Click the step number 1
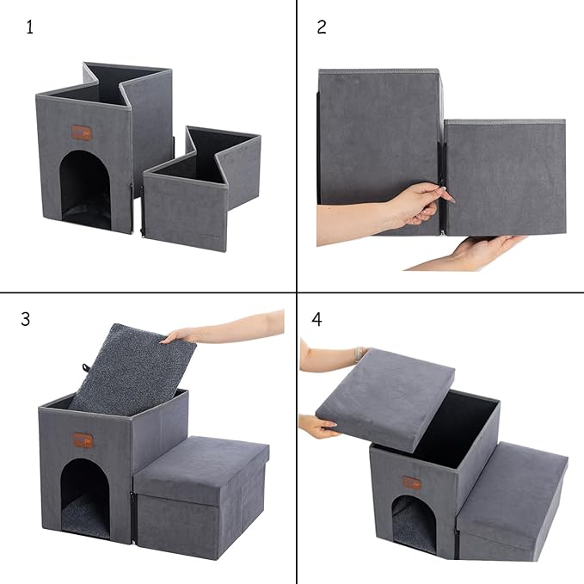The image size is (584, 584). (30, 27)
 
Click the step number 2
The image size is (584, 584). (322, 27)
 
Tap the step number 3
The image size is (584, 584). (26, 319)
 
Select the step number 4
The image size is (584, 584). (317, 319)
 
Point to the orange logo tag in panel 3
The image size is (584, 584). (83, 440)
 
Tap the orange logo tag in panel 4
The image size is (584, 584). (413, 482)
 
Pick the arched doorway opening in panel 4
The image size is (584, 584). (414, 524)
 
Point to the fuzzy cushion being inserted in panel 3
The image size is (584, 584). (129, 366)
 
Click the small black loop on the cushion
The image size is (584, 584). (87, 370)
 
